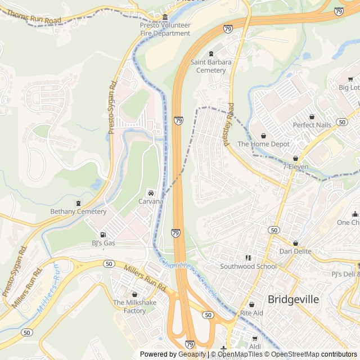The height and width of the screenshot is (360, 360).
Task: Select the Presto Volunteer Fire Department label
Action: click(165, 29)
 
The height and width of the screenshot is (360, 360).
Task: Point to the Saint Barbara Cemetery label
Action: click(211, 66)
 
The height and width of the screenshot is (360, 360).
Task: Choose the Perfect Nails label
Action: click(312, 124)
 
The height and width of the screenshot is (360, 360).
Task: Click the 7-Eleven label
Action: click(295, 166)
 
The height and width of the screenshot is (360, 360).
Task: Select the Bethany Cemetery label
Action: click(78, 211)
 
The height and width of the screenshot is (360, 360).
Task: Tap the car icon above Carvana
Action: click(150, 193)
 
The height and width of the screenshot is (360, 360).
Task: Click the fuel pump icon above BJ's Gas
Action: click(102, 235)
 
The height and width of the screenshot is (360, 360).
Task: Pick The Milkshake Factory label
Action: click(134, 307)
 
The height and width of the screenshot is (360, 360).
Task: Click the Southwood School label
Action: click(248, 266)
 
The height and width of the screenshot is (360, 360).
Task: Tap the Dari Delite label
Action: click(295, 251)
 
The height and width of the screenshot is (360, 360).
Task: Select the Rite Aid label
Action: click(251, 312)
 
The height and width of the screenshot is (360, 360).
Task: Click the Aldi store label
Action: click(255, 347)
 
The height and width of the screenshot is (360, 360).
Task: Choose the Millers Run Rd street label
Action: click(144, 279)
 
